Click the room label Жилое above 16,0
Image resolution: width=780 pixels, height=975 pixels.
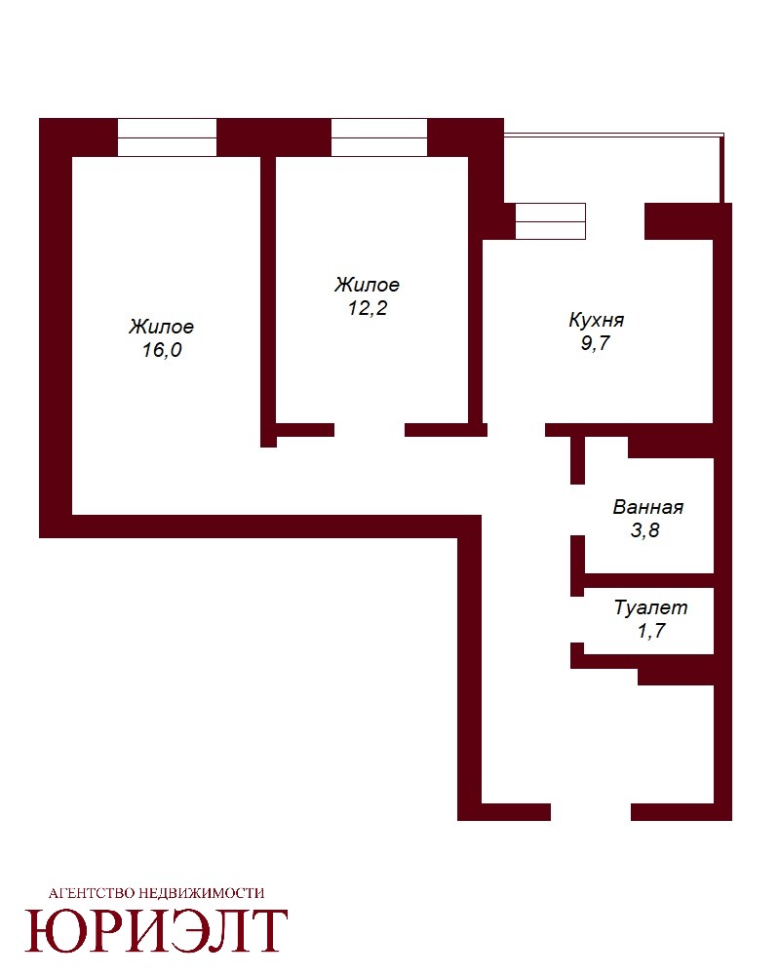pyautogui.click(x=162, y=327)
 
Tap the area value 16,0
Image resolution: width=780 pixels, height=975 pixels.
pyautogui.click(x=162, y=350)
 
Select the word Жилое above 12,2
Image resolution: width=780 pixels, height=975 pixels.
pyautogui.click(x=367, y=285)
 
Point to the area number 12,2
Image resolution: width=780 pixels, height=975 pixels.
pyautogui.click(x=368, y=308)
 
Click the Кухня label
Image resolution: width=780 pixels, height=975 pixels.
pyautogui.click(x=597, y=320)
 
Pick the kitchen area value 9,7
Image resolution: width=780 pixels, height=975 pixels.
pyautogui.click(x=596, y=343)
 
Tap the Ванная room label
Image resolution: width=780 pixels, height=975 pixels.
pyautogui.click(x=648, y=507)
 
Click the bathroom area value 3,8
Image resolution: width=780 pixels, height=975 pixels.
pyautogui.click(x=645, y=530)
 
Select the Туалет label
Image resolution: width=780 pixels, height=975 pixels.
pyautogui.click(x=650, y=607)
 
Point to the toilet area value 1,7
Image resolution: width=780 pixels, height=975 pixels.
pyautogui.click(x=651, y=631)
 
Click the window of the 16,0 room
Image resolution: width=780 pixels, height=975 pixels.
pyautogui.click(x=168, y=137)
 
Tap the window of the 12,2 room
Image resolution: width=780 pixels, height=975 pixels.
pyautogui.click(x=379, y=137)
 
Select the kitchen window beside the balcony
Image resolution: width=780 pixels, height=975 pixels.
pyautogui.click(x=551, y=221)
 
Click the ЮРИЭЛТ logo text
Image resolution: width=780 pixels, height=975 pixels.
pyautogui.click(x=156, y=931)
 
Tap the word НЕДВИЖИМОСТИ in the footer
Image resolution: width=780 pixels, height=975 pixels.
pyautogui.click(x=201, y=893)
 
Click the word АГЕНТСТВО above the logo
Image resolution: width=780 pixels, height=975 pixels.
pyautogui.click(x=91, y=893)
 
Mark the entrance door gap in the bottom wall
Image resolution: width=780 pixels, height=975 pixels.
pyautogui.click(x=591, y=812)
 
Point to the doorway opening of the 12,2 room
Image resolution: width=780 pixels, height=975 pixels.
pyautogui.click(x=370, y=430)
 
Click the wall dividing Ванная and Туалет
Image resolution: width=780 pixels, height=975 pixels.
pyautogui.click(x=648, y=581)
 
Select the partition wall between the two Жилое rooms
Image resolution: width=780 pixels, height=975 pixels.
pyautogui.click(x=268, y=302)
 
